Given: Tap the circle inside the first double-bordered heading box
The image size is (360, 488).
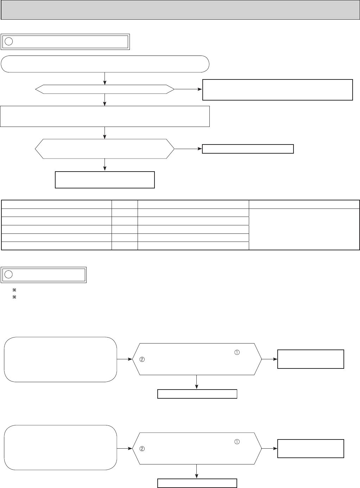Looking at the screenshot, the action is (10, 41).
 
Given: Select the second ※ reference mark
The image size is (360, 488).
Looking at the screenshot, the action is (14, 297).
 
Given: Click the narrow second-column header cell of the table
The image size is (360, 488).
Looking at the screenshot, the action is (125, 204).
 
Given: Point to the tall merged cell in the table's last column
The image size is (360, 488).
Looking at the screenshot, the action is (304, 229).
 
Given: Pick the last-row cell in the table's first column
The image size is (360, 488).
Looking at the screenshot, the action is (57, 246).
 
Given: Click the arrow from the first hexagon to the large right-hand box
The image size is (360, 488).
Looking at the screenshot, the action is (188, 90).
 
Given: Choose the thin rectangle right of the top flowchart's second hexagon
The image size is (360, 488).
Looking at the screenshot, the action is (248, 149).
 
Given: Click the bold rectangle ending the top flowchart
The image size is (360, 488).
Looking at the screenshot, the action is (105, 180).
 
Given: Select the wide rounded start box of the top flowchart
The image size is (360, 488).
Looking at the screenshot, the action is (105, 64).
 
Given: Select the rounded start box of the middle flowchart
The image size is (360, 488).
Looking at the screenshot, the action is (60, 359).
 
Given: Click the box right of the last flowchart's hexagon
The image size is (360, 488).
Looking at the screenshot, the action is (310, 448).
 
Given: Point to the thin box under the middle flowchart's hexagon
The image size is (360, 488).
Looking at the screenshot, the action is (197, 394).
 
